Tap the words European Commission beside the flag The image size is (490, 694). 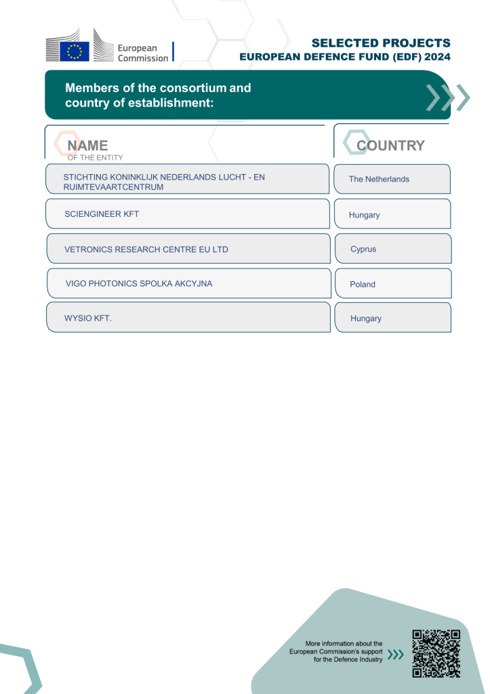point(142,53)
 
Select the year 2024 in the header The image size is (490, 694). point(434,58)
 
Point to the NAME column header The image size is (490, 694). point(87,146)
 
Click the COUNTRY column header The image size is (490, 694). point(390,146)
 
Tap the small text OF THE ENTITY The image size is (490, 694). point(95,158)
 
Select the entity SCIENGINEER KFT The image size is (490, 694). point(102,214)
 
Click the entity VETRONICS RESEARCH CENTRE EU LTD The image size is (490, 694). point(146,249)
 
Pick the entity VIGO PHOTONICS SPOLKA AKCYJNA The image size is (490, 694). point(139,284)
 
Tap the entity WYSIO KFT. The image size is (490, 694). point(88,318)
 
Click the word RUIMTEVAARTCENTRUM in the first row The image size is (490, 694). point(113,187)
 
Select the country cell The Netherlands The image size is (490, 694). point(379,180)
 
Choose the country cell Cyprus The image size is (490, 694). point(363,249)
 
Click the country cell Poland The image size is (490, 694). point(363,285)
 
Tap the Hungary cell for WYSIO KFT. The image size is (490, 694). point(366,319)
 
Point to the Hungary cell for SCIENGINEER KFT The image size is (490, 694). point(365,215)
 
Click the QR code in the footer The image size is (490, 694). point(436,653)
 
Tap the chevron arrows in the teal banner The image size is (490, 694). point(447,98)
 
